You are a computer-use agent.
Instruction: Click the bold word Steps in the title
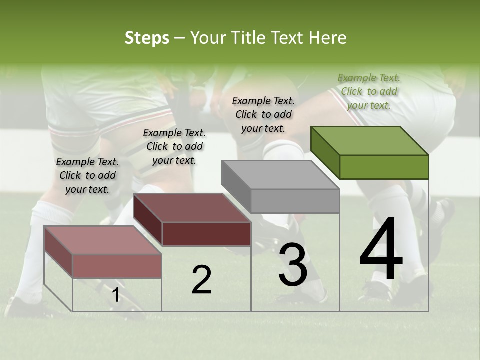point(147,38)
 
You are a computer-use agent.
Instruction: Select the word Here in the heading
point(327,38)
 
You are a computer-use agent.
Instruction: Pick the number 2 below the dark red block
point(201,280)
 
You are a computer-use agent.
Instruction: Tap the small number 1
point(115,295)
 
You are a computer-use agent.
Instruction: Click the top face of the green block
point(370,140)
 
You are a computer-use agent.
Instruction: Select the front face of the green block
point(384,167)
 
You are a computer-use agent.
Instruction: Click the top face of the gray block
point(280,174)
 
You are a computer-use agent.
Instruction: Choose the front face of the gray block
point(295,201)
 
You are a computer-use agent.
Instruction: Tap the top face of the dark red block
point(192,207)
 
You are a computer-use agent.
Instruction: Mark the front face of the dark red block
point(206,234)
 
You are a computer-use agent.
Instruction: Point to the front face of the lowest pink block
point(117,266)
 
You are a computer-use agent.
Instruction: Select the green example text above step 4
point(369,91)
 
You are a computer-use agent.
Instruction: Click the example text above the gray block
point(263,114)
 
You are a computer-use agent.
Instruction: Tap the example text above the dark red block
point(174,146)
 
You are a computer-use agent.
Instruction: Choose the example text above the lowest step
point(87,175)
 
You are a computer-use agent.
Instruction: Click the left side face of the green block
point(325,152)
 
